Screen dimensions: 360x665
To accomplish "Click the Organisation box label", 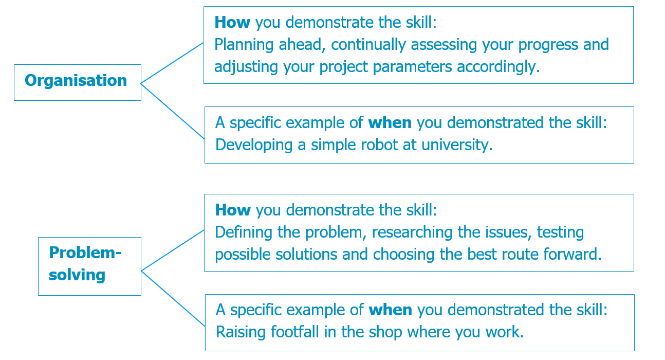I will (x=76, y=81).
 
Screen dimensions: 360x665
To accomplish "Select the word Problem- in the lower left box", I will (x=85, y=253).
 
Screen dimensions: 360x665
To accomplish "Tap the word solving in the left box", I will (x=77, y=275).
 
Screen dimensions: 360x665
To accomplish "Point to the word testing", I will (x=560, y=232).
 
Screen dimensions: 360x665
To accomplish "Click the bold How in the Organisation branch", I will (x=232, y=23).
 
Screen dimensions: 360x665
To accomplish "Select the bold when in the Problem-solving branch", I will (x=391, y=310).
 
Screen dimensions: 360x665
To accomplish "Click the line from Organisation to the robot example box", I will (x=173, y=111).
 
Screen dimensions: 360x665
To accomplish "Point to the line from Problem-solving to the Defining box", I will (x=173, y=250).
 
